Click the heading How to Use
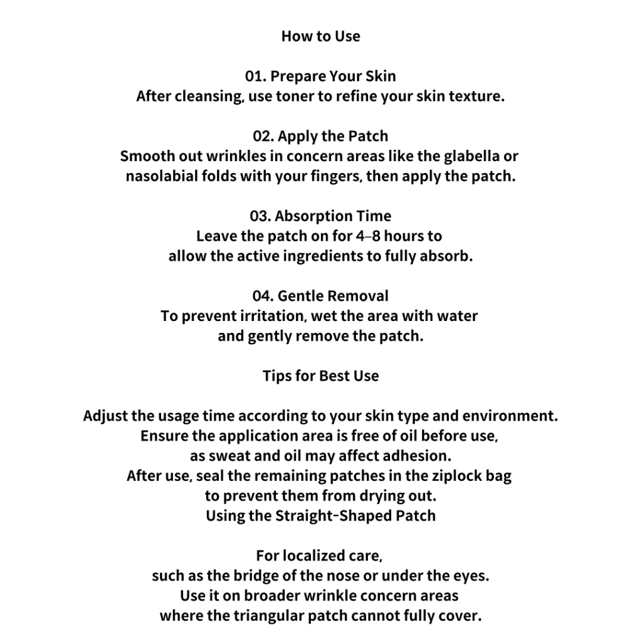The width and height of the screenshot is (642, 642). [x=320, y=36]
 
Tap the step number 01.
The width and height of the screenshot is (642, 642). [x=255, y=76]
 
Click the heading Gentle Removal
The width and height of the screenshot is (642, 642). [x=333, y=296]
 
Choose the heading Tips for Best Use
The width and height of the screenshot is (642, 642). [x=320, y=376]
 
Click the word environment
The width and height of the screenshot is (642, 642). [x=513, y=416]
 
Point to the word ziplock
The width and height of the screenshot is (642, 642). [x=451, y=476]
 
